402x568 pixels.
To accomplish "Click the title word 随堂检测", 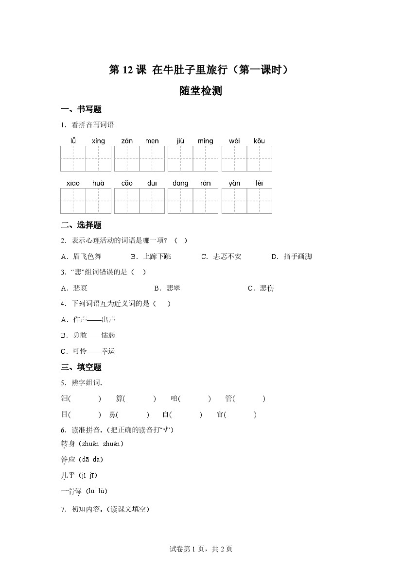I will point(200,91).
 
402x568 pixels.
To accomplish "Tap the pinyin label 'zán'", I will point(127,141).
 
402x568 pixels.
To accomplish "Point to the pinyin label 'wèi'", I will point(234,141).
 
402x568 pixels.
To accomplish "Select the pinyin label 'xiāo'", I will point(73,183).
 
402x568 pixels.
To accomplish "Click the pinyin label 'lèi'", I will point(259,183).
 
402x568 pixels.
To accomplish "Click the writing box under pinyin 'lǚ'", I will point(73,158).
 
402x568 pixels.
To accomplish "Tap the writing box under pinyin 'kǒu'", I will point(259,158).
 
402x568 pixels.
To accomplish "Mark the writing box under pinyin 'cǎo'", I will point(127,201).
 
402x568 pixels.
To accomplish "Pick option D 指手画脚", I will point(292,257).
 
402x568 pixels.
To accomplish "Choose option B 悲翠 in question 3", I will point(167,288).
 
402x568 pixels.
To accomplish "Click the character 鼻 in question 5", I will point(113,414).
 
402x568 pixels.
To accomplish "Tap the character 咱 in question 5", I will point(175,399).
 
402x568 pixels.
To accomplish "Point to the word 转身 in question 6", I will point(68,444).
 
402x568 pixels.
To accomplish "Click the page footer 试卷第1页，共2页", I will point(201,549).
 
